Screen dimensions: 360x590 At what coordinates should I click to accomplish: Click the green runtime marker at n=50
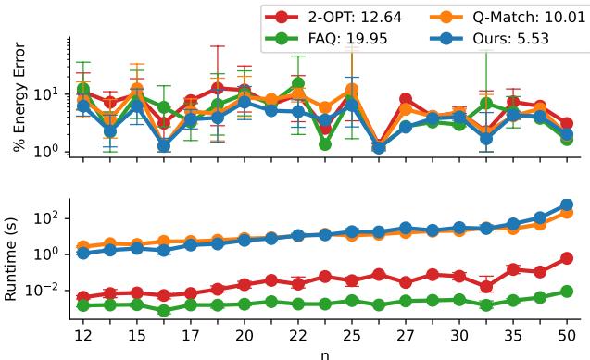567,292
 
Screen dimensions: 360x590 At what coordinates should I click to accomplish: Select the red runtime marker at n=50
567,259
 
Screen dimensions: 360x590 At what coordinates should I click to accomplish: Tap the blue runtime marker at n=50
567,205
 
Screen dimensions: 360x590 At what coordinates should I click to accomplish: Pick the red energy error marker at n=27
406,99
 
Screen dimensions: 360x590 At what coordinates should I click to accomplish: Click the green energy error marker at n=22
298,84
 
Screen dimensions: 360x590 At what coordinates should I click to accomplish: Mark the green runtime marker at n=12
83,304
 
